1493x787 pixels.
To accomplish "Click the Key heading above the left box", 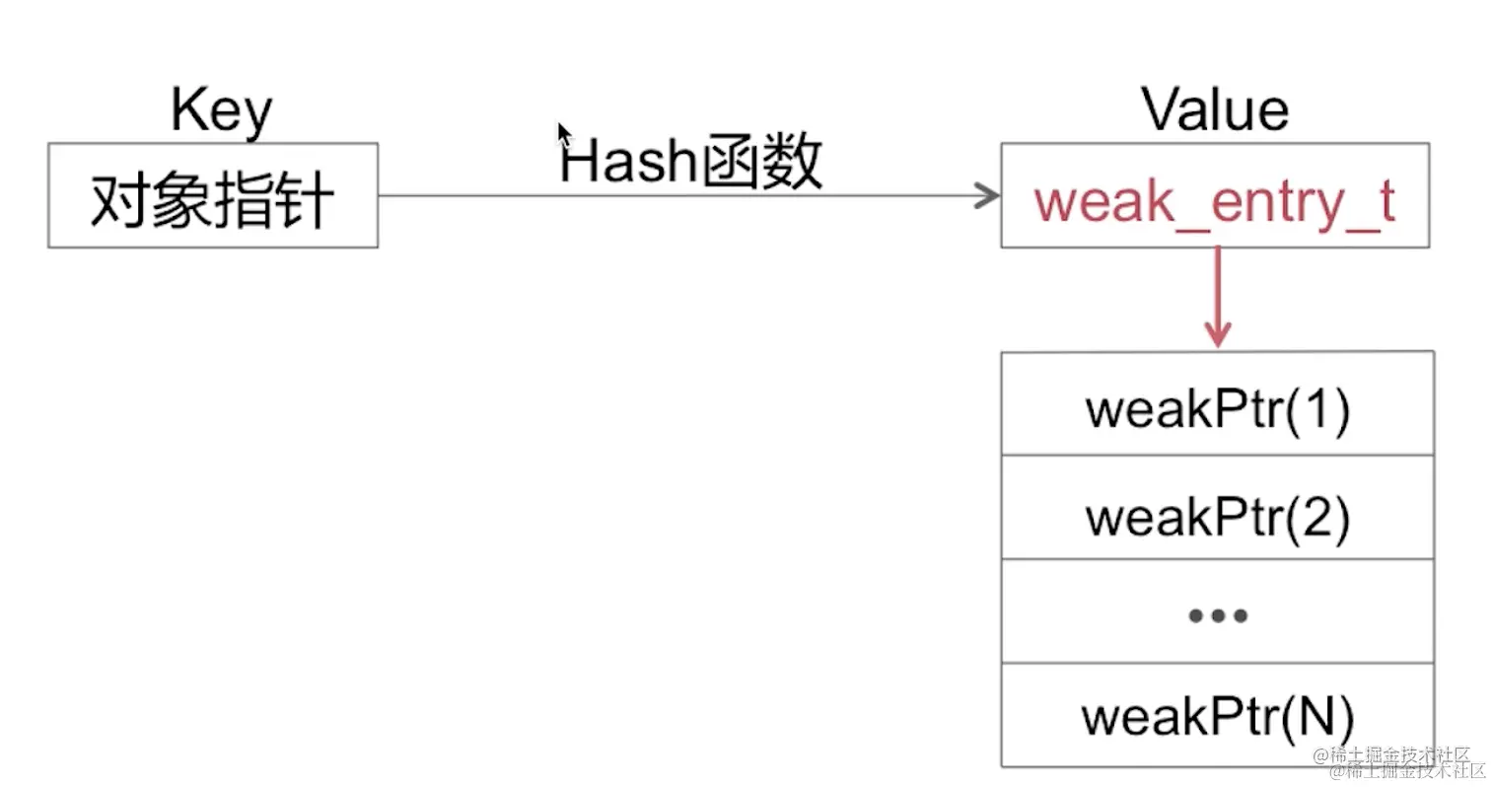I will pos(221,110).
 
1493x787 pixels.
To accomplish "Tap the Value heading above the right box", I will pos(1214,109).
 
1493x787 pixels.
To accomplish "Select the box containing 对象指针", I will pos(213,195).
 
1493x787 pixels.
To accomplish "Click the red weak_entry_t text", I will pos(1214,201).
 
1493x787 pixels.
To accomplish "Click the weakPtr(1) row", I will pos(1217,407).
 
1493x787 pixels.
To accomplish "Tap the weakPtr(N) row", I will pos(1217,716).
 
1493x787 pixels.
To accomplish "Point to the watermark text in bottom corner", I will pos(1399,761).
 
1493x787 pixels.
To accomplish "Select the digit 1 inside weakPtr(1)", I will pos(1313,408).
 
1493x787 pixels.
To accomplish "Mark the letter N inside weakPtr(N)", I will pos(1313,716).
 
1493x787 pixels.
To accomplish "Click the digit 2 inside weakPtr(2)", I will pos(1313,516).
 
